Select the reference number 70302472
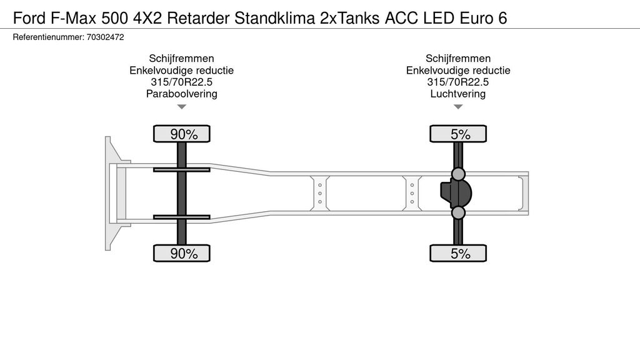pos(105,37)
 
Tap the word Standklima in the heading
pos(275,18)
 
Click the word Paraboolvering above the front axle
pos(182,94)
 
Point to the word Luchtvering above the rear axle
pos(458,94)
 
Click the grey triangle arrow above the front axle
pos(182,107)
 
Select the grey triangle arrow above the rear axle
pos(458,107)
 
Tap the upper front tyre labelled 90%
pos(182,134)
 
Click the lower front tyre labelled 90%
pos(182,254)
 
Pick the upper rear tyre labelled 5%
pos(458,134)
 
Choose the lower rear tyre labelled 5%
pos(458,254)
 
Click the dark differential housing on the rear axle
pos(456,194)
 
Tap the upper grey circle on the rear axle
pos(458,174)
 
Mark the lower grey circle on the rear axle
pos(458,212)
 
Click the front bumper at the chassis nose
pos(108,194)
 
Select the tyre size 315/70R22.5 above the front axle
pos(182,82)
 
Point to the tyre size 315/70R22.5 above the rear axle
pos(458,82)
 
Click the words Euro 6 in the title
pos(483,18)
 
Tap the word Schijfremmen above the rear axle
pos(458,58)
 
